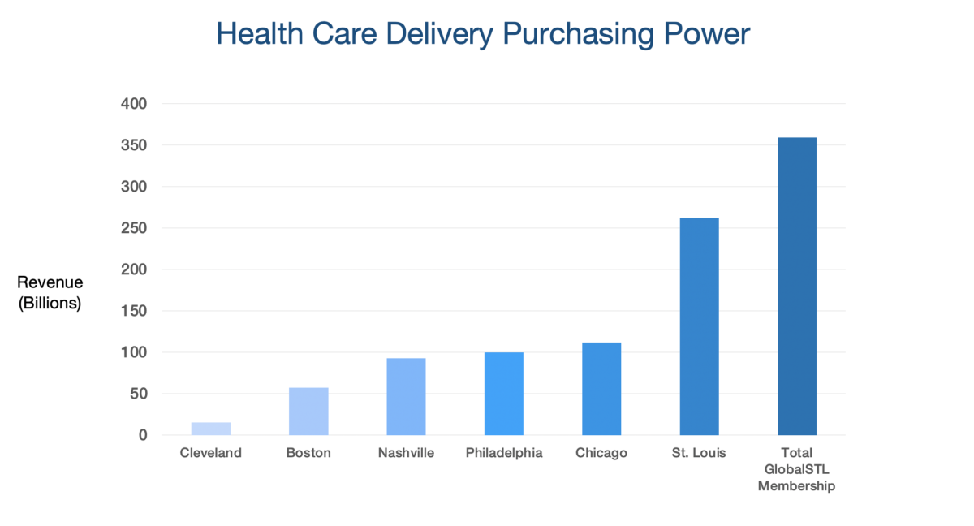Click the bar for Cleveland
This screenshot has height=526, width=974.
pyautogui.click(x=211, y=429)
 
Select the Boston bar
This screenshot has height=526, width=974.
pyautogui.click(x=308, y=412)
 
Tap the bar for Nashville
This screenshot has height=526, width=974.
pyautogui.click(x=406, y=397)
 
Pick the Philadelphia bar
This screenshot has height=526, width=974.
pyautogui.click(x=504, y=394)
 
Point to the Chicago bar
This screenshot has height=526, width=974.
pyautogui.click(x=601, y=389)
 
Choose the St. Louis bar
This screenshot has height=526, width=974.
pyautogui.click(x=699, y=326)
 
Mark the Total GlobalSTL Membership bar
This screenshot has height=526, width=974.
pyautogui.click(x=797, y=287)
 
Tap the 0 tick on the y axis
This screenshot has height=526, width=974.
pyautogui.click(x=143, y=435)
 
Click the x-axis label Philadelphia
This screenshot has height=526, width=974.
pyautogui.click(x=504, y=453)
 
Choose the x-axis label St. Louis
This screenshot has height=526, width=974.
pyautogui.click(x=699, y=453)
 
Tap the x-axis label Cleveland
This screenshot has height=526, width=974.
pyautogui.click(x=211, y=453)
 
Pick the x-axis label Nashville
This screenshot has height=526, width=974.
pyautogui.click(x=406, y=453)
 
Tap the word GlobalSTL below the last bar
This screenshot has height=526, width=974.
pyautogui.click(x=797, y=469)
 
